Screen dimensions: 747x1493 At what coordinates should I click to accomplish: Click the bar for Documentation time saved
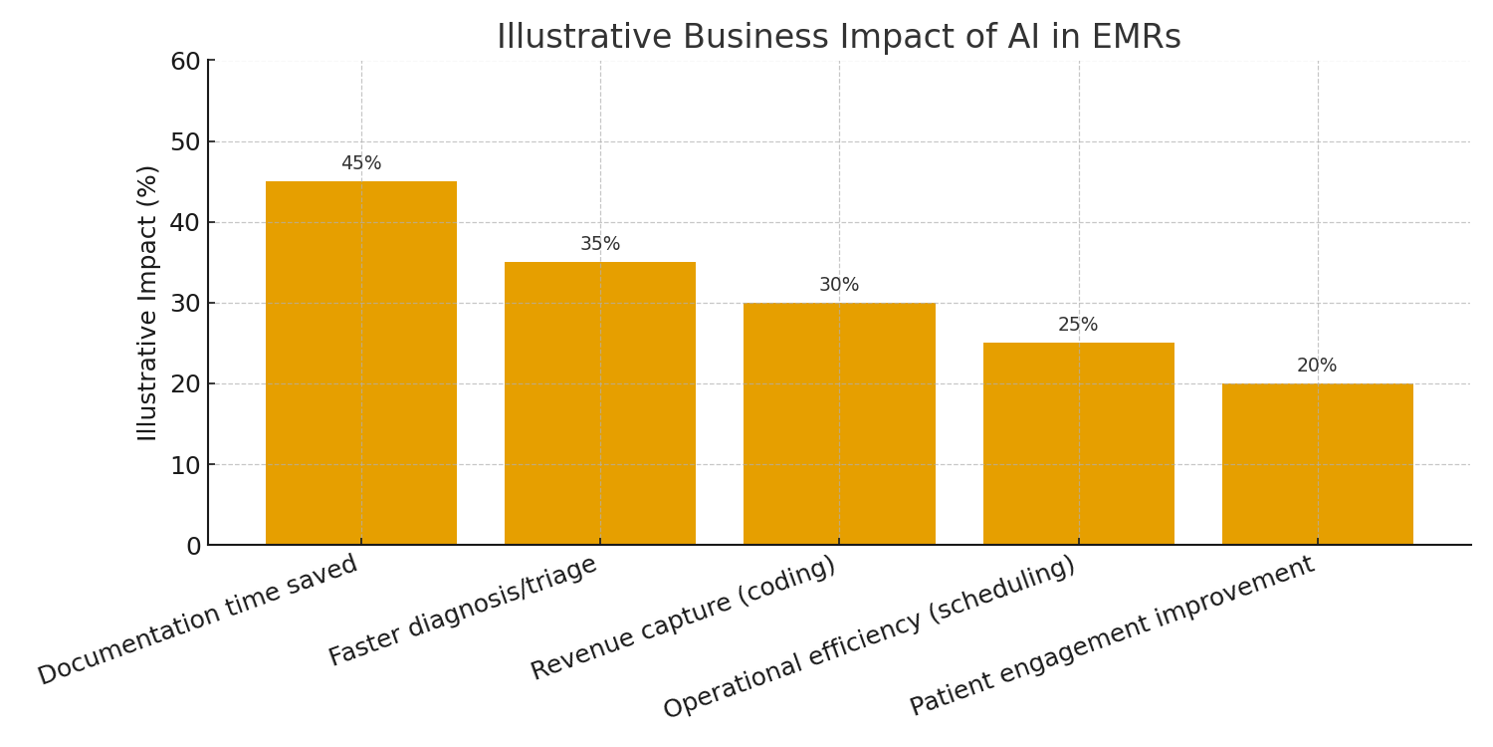pos(360,364)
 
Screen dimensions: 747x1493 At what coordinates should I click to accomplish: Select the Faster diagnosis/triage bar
pos(599,403)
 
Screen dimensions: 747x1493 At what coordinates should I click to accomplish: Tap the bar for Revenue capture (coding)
pos(839,423)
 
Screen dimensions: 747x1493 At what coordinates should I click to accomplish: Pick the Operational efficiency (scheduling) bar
pos(1078,443)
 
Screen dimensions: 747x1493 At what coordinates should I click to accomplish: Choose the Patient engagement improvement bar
pos(1317,464)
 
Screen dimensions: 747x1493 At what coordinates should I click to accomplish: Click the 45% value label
pos(360,163)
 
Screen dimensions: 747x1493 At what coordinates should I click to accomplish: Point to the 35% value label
pos(599,244)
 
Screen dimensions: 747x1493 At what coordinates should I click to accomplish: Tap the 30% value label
pos(839,285)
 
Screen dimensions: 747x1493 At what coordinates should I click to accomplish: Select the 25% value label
pos(1078,325)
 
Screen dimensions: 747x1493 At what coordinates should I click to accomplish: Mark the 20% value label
pos(1317,366)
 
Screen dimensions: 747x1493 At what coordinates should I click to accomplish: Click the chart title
pos(838,37)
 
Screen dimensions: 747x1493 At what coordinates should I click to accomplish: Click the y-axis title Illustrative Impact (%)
pos(148,303)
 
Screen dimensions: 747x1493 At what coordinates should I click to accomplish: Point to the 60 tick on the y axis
pos(185,62)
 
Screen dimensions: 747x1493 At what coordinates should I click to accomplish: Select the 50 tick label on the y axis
pos(185,142)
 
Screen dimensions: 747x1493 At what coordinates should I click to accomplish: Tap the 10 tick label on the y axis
pos(185,465)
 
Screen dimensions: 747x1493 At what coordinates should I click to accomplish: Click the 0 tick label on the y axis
pos(193,546)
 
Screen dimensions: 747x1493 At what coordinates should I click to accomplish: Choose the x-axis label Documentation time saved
pos(198,620)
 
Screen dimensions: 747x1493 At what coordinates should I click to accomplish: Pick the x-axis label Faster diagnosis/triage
pos(463,610)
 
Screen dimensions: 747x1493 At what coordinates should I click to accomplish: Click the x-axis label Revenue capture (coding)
pos(683,618)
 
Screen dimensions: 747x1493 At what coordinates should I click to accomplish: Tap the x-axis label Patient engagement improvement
pos(1112,635)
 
